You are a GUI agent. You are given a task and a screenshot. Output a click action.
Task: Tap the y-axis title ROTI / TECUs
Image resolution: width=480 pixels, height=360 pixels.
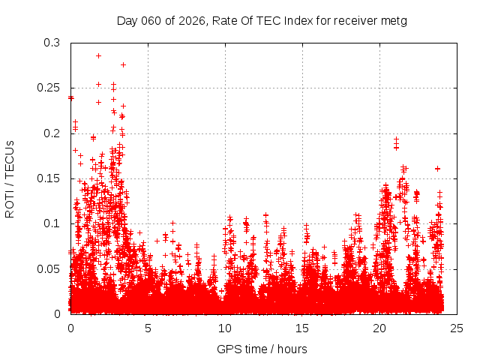(10, 178)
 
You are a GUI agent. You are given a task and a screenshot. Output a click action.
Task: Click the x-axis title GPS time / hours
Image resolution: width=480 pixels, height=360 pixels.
(262, 349)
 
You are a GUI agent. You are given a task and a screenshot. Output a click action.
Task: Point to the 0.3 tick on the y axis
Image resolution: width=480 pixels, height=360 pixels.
(52, 43)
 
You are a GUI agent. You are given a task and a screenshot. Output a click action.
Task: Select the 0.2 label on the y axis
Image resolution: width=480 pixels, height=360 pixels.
(52, 133)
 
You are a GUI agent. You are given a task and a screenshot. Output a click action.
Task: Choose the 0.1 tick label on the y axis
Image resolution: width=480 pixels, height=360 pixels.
(52, 223)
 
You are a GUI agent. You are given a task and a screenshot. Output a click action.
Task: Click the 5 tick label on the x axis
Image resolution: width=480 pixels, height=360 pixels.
(148, 328)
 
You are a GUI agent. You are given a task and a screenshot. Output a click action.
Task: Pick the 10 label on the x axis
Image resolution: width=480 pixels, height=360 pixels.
(225, 328)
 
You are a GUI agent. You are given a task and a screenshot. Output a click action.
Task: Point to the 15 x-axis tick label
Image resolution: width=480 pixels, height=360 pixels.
(302, 328)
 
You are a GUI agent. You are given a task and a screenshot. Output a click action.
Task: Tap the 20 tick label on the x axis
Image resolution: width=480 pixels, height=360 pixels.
(379, 328)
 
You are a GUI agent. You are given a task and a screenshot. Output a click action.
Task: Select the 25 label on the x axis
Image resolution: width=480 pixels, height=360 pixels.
(457, 328)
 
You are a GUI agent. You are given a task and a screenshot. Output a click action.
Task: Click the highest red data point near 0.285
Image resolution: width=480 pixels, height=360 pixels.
(98, 55)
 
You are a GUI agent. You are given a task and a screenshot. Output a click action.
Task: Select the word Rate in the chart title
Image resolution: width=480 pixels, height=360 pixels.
(221, 20)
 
